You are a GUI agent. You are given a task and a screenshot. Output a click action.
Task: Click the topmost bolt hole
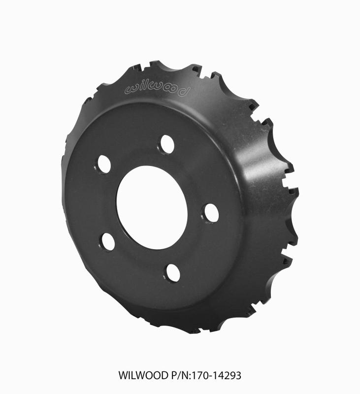[x=167, y=144]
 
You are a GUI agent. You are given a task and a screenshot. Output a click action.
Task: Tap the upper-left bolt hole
[x=104, y=164]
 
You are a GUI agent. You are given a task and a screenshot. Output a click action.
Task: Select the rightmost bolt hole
[x=211, y=213]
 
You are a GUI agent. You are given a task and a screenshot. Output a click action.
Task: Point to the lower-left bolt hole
[x=107, y=241]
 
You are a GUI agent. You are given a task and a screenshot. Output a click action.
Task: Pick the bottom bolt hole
[x=172, y=272]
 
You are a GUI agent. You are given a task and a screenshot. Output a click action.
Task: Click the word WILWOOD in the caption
[x=139, y=375]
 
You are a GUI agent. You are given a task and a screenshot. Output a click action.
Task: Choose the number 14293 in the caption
[x=222, y=375]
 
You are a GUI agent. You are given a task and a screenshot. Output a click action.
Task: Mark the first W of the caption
[x=123, y=375]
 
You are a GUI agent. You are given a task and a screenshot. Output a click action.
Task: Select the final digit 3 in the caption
[x=238, y=375]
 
